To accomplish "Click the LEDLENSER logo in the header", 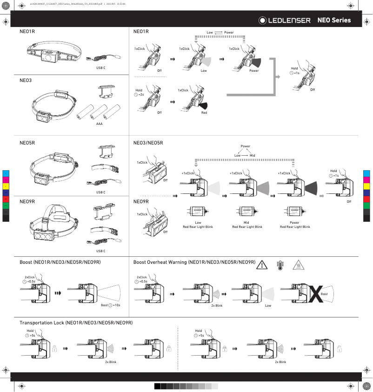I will pyautogui.click(x=285, y=21).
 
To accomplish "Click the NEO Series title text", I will pyautogui.click(x=334, y=21).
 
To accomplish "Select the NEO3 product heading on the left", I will pyautogui.click(x=26, y=80).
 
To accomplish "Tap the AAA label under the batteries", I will pyautogui.click(x=99, y=124).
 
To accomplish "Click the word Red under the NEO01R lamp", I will pyautogui.click(x=204, y=113).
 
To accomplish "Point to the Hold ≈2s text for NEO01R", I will pyautogui.click(x=139, y=92).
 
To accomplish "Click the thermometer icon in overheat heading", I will pyautogui.click(x=280, y=265).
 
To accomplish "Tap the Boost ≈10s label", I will pyautogui.click(x=111, y=305).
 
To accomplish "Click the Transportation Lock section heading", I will pyautogui.click(x=76, y=323).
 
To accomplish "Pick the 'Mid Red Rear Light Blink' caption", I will pyautogui.click(x=247, y=225).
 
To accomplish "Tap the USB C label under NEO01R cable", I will pyautogui.click(x=100, y=68).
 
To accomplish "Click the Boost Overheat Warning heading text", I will pyautogui.click(x=194, y=262).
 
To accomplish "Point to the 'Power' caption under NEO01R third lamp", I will pyautogui.click(x=253, y=71).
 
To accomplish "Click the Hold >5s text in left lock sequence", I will pyautogui.click(x=31, y=333).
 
